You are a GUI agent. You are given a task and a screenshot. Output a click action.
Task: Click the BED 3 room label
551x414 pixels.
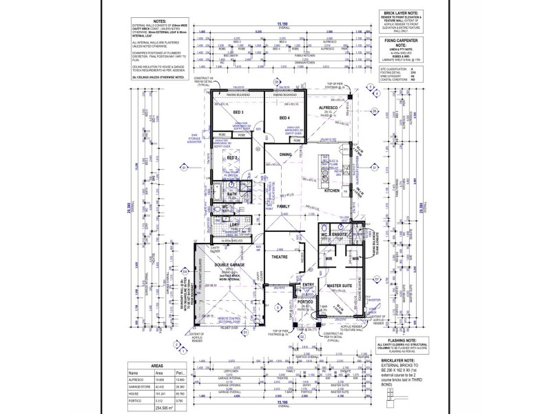(x=238, y=112)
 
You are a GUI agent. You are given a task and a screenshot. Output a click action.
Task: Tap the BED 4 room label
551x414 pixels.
(x=284, y=118)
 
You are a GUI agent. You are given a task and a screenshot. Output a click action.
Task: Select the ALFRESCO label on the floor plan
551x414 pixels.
(x=326, y=109)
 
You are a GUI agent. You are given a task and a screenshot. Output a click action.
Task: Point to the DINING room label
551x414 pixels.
(x=285, y=155)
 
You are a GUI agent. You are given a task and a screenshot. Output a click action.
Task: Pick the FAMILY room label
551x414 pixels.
(x=283, y=206)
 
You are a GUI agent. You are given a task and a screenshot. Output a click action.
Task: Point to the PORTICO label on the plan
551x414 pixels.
(x=305, y=302)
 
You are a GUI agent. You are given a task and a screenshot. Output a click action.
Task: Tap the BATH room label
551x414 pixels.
(x=232, y=195)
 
